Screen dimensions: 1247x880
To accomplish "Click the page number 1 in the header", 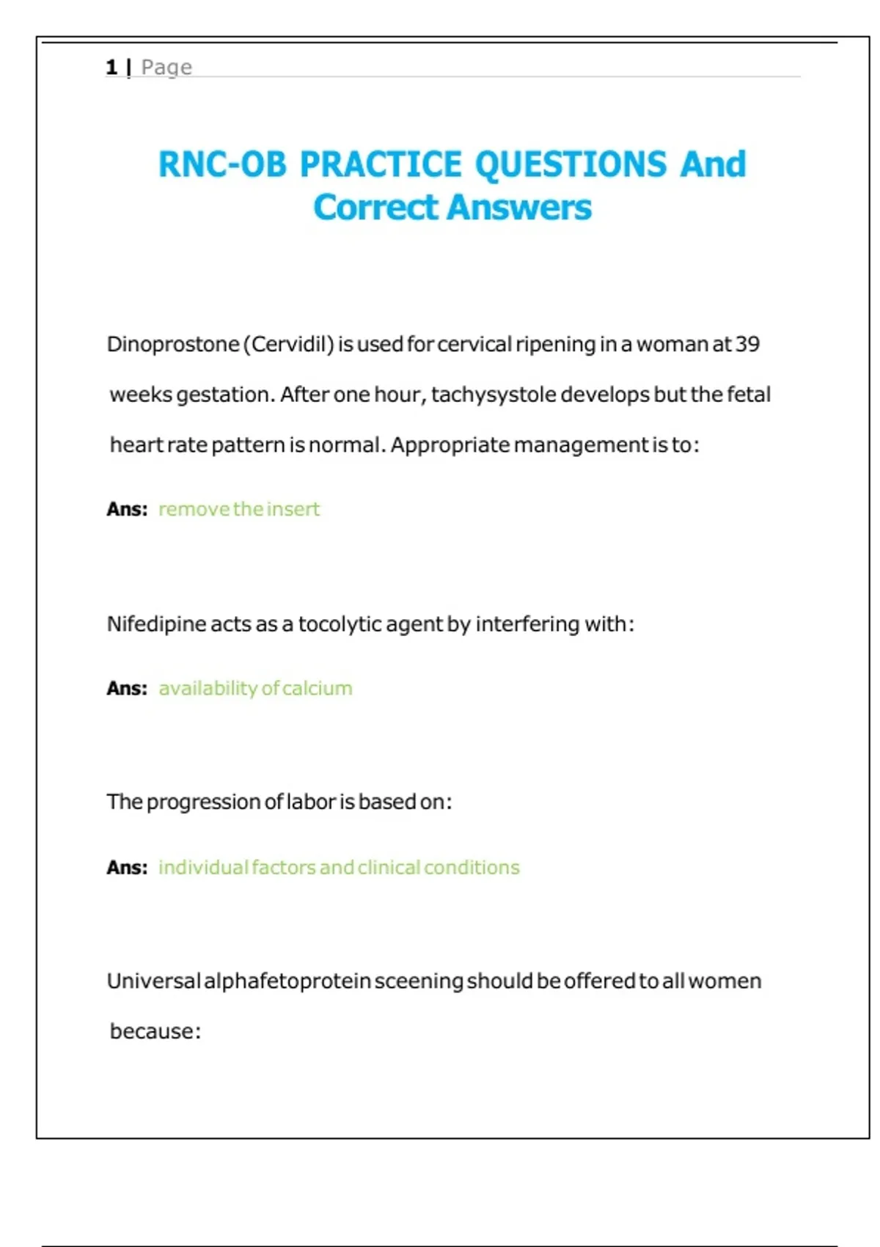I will tap(111, 67).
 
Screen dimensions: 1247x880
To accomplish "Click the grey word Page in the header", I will tap(166, 67).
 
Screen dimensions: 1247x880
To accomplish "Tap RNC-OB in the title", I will tap(222, 164).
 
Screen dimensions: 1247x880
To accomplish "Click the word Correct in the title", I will tap(375, 208).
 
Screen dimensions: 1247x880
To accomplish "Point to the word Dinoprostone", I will tap(173, 344).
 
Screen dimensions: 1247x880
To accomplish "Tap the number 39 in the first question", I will tap(747, 344).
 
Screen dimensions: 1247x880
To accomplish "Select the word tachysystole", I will tap(494, 395).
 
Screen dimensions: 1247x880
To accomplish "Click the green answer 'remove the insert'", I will tap(239, 509).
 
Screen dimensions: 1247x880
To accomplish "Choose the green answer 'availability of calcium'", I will tap(255, 688).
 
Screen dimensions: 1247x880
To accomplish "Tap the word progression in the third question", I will tap(203, 802).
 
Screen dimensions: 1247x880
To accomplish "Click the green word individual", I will tap(203, 867).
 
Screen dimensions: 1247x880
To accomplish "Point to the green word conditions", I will tap(472, 867).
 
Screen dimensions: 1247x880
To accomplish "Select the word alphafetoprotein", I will tap(287, 981).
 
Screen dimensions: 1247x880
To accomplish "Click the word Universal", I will tap(153, 981).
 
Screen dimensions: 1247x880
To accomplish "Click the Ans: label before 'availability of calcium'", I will tap(127, 688).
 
